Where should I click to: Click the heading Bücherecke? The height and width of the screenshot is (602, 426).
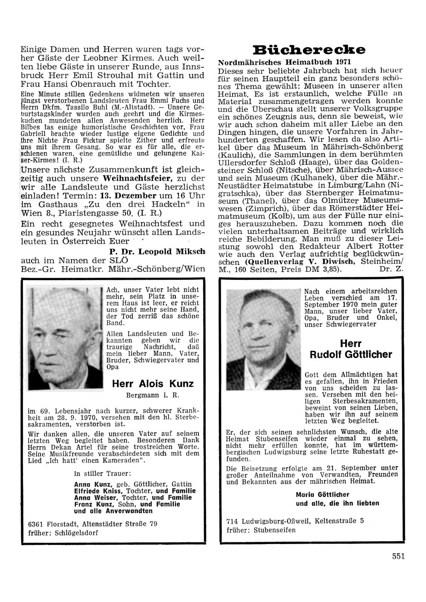click(309, 50)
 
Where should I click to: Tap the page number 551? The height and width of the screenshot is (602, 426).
click(398, 556)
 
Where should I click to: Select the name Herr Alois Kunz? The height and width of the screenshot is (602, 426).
click(153, 383)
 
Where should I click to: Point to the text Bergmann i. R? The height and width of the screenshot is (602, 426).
click(152, 395)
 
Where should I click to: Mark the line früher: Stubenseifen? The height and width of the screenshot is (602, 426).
click(261, 530)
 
